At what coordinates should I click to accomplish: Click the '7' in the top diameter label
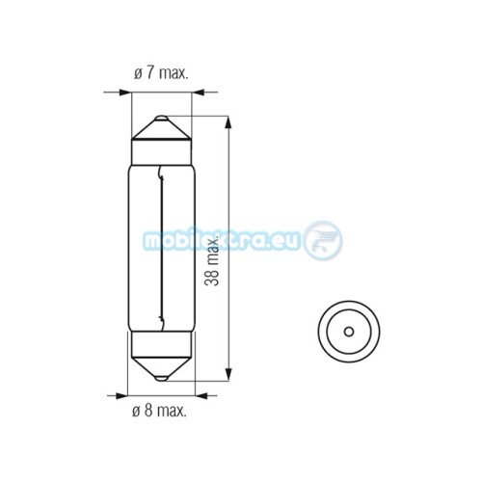point(150,73)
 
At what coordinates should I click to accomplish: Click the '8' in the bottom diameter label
point(148,411)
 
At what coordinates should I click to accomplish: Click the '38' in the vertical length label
point(212,277)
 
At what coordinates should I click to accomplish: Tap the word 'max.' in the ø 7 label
point(174,74)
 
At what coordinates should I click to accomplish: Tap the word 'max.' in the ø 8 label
point(172,412)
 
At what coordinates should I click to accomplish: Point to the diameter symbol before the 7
point(138,75)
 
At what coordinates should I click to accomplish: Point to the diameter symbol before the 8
point(136,412)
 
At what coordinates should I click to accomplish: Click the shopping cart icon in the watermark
point(324,239)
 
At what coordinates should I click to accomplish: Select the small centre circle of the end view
point(349,332)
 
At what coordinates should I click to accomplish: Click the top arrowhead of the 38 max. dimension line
point(228,122)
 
